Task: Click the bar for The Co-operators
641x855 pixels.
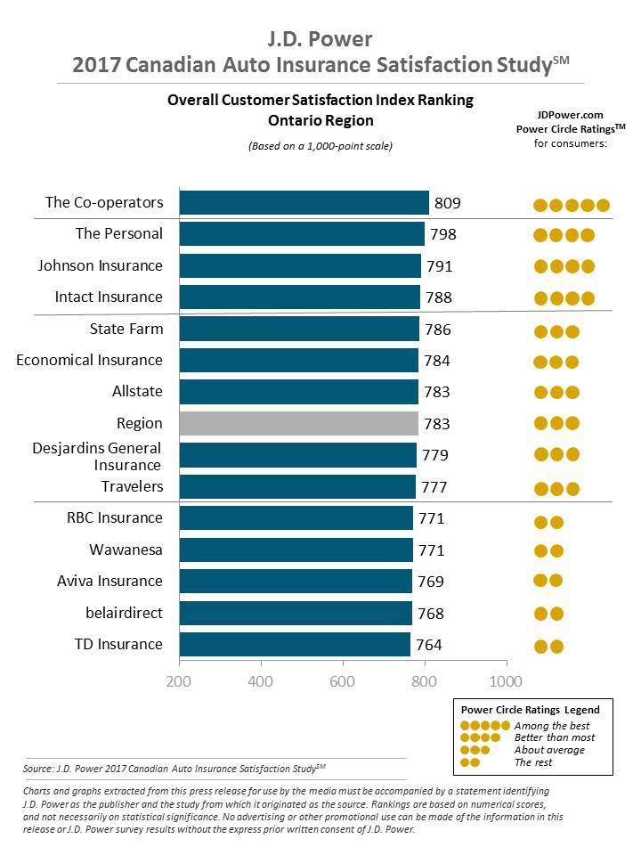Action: (x=304, y=202)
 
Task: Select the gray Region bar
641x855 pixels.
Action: (x=298, y=423)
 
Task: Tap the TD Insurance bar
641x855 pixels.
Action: (x=295, y=644)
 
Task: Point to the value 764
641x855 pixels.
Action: (x=428, y=645)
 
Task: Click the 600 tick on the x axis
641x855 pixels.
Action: (x=342, y=681)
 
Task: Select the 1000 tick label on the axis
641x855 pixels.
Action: (x=506, y=681)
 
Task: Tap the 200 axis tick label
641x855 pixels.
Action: (x=180, y=681)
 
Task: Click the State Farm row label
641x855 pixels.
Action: (x=126, y=329)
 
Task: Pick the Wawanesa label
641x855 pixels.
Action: (x=126, y=550)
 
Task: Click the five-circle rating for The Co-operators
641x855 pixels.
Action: (x=571, y=205)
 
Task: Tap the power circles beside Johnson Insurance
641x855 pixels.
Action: (x=564, y=266)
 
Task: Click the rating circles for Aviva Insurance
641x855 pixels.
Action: (x=548, y=581)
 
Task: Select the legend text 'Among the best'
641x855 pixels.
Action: (x=547, y=726)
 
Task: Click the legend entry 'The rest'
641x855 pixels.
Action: (x=533, y=762)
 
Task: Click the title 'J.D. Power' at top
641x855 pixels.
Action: (x=320, y=39)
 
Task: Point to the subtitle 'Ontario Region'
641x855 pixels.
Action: (x=320, y=120)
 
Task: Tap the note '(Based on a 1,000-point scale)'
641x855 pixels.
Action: (x=320, y=146)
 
